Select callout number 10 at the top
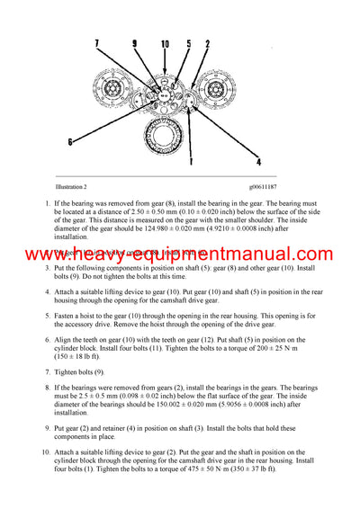tap(166, 43)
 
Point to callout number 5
tap(189, 43)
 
